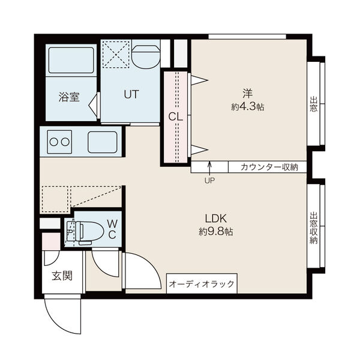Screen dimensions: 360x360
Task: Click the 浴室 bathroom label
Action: click(69, 97)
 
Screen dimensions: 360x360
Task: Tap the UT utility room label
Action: click(131, 94)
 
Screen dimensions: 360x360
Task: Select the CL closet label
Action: click(175, 116)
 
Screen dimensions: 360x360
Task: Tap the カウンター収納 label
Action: click(270, 167)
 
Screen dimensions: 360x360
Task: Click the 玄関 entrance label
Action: click(61, 276)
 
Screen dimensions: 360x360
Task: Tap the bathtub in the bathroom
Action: click(69, 60)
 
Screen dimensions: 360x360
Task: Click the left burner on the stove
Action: click(53, 143)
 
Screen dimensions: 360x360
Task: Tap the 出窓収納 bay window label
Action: click(313, 228)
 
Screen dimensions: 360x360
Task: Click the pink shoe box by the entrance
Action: click(51, 239)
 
